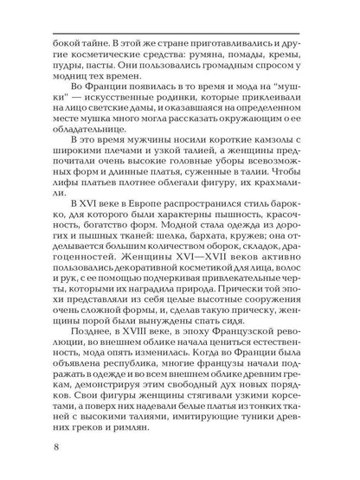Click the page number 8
tap(31, 448)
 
